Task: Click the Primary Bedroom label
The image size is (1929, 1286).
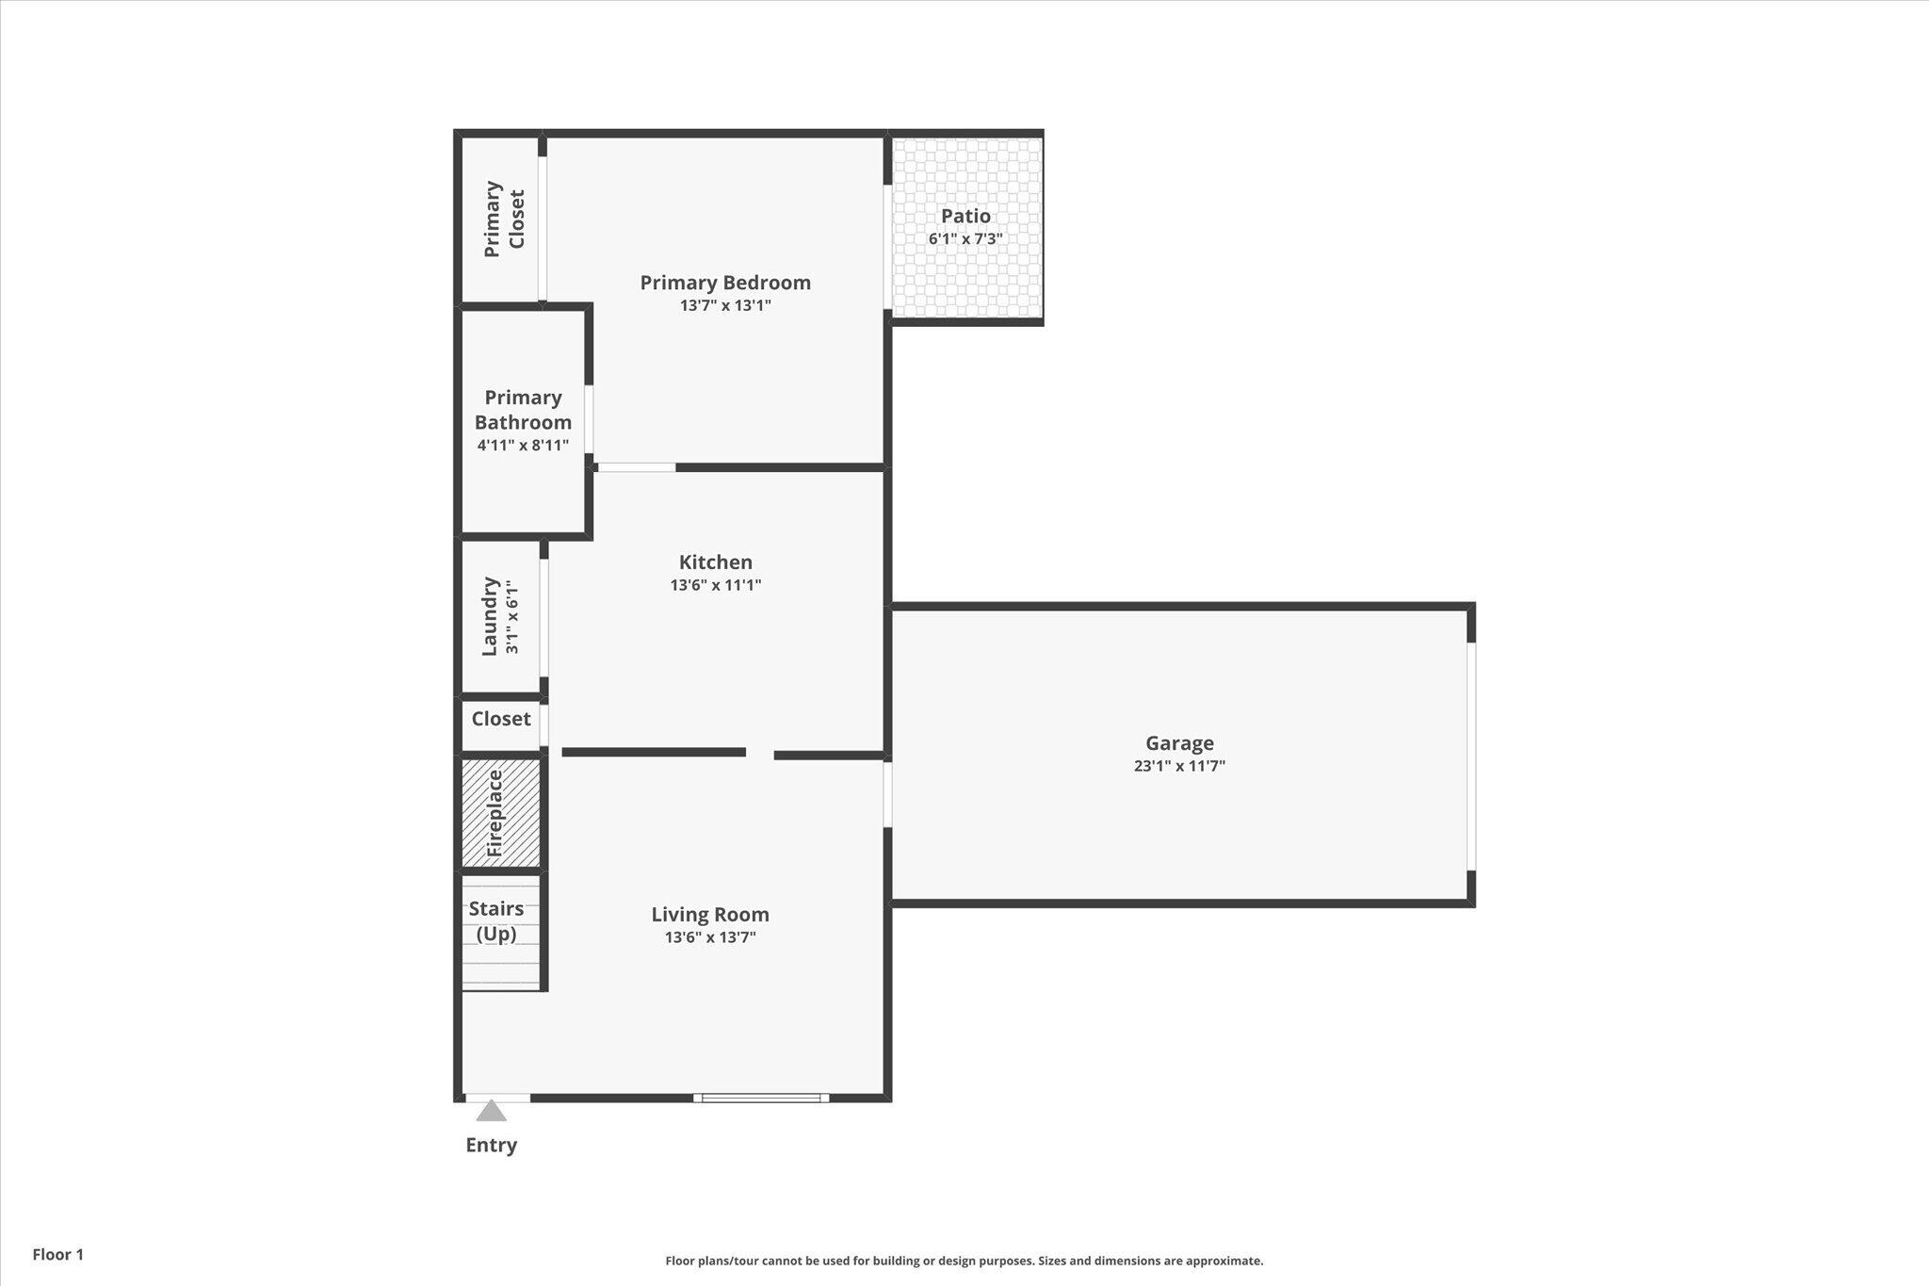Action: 725,282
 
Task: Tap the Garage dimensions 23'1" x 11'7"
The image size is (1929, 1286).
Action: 1179,766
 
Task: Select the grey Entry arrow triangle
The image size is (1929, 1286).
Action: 491,1112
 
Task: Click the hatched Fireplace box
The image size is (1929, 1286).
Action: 501,813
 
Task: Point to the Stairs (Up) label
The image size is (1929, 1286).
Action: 496,920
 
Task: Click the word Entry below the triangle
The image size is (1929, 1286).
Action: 491,1145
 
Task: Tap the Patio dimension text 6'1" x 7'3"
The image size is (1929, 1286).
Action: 965,239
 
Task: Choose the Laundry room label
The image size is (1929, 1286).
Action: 490,617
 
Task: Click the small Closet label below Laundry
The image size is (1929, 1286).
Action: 501,719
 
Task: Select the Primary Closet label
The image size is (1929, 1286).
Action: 504,219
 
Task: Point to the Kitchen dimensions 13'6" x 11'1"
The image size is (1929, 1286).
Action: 716,585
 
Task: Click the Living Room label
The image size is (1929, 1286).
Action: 710,914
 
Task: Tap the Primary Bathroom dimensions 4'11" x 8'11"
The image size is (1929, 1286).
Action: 523,446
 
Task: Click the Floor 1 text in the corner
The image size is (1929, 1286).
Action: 58,1254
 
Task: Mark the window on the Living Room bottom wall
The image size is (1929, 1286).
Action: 761,1098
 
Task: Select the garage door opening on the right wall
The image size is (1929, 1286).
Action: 1470,756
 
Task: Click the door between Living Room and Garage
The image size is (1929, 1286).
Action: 887,794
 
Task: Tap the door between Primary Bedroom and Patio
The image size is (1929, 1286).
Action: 887,247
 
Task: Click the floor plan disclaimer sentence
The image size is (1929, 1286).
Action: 964,1261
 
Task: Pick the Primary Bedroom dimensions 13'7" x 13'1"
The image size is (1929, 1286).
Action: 725,305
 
